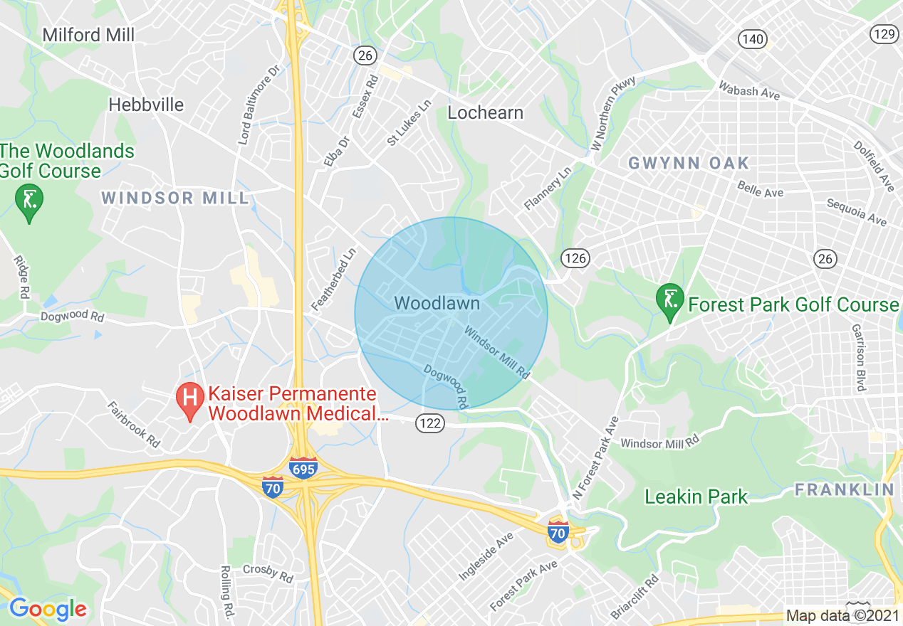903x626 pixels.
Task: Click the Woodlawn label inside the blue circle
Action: click(x=437, y=304)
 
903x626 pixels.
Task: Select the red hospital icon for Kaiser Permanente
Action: click(x=190, y=401)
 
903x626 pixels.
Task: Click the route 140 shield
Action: click(x=752, y=39)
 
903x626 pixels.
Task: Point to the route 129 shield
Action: click(x=884, y=33)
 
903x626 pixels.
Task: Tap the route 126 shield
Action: click(x=575, y=258)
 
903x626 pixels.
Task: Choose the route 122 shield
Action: click(x=431, y=424)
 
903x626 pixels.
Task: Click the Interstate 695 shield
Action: click(x=303, y=469)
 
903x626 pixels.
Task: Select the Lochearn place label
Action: click(x=485, y=112)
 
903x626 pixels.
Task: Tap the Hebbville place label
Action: click(x=146, y=105)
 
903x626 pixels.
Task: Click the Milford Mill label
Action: click(x=88, y=34)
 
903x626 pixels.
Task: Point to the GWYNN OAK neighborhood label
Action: click(x=689, y=163)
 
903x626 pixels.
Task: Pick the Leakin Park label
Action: click(x=696, y=497)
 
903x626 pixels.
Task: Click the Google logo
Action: click(x=48, y=609)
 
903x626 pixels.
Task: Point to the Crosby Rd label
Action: click(x=268, y=573)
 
